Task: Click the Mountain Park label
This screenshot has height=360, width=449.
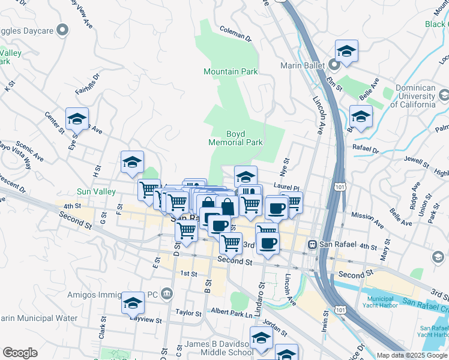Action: [231, 71]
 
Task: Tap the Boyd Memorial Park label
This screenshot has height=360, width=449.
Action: [235, 138]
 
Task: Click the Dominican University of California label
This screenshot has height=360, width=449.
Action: [415, 96]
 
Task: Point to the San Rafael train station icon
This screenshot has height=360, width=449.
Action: [312, 245]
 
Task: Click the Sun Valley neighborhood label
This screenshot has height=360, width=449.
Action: [96, 191]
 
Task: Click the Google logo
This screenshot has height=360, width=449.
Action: [20, 352]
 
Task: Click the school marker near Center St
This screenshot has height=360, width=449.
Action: [77, 121]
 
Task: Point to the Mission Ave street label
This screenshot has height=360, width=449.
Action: [367, 220]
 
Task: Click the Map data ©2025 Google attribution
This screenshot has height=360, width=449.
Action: [412, 355]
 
